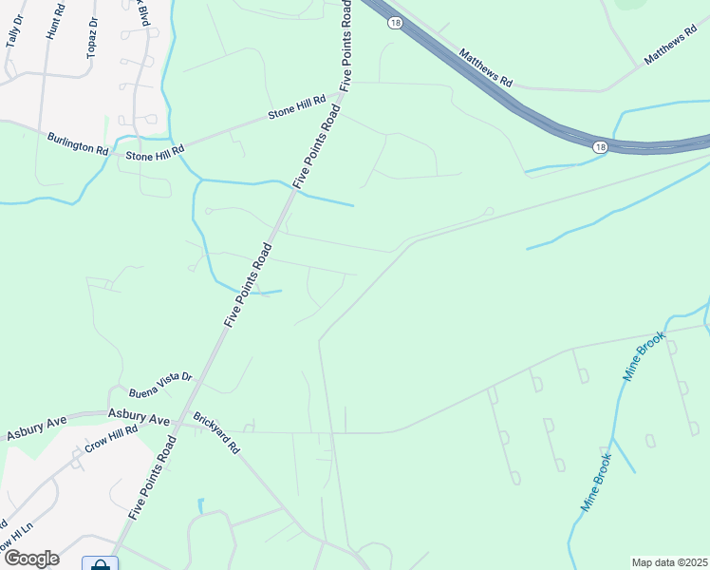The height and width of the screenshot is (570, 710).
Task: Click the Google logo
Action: [31, 559]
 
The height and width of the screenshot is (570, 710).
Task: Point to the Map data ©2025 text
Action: [669, 562]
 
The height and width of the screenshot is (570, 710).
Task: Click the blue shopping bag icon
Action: [100, 565]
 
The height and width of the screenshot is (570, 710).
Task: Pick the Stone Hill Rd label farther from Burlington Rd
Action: [296, 106]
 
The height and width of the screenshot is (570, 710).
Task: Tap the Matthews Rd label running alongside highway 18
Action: [486, 69]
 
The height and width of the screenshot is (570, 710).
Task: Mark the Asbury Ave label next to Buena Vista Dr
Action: [138, 416]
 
